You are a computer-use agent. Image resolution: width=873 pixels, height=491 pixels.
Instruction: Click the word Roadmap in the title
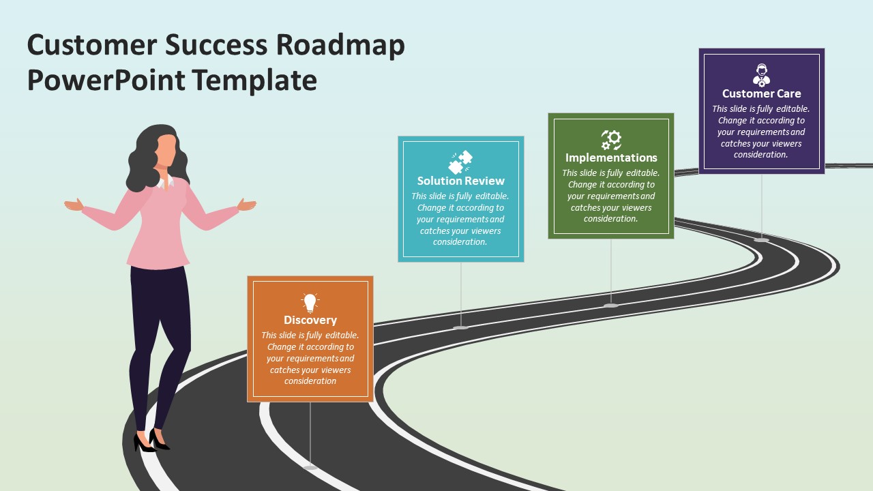pyautogui.click(x=340, y=46)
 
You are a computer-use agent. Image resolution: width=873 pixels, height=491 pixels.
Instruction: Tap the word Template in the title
pyautogui.click(x=254, y=80)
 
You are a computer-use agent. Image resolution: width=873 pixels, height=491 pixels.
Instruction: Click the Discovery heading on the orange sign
pyautogui.click(x=310, y=320)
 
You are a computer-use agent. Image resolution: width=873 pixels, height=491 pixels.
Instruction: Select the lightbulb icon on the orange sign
pyautogui.click(x=310, y=303)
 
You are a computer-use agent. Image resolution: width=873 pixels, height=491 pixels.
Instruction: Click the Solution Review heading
pyautogui.click(x=460, y=181)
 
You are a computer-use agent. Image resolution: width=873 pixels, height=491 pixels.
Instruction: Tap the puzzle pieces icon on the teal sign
pyautogui.click(x=460, y=162)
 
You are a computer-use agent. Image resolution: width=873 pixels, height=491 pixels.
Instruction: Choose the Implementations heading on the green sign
pyautogui.click(x=611, y=158)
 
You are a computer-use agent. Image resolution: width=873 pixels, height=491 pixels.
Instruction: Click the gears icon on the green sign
pyautogui.click(x=611, y=140)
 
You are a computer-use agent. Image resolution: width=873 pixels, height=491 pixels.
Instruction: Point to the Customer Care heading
pyautogui.click(x=762, y=93)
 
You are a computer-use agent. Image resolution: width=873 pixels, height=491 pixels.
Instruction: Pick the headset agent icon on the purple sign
pyautogui.click(x=762, y=75)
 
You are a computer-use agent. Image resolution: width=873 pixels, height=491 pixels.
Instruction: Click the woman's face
pyautogui.click(x=166, y=150)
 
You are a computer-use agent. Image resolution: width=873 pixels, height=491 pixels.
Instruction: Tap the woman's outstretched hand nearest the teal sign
pyautogui.click(x=247, y=205)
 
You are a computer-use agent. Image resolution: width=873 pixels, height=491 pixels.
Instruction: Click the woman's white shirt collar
pyautogui.click(x=166, y=182)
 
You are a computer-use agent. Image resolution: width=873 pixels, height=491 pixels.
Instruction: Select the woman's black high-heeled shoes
pyautogui.click(x=151, y=441)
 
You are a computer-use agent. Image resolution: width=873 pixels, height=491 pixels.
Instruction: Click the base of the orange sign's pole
pyautogui.click(x=310, y=467)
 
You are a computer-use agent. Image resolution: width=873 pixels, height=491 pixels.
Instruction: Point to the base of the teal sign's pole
pyautogui.click(x=460, y=327)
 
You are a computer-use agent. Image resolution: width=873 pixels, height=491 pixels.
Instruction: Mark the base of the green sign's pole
pyautogui.click(x=610, y=305)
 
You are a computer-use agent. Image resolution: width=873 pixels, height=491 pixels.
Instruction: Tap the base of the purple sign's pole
pyautogui.click(x=762, y=239)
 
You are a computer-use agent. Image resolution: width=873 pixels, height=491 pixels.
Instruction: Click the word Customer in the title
pyautogui.click(x=92, y=46)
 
